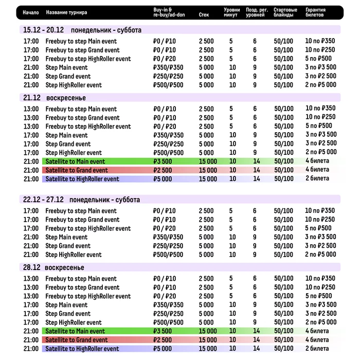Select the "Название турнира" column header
[x=66, y=12]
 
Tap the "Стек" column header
[x=204, y=15]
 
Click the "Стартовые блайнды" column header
[x=285, y=12]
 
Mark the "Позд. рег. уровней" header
[x=256, y=12]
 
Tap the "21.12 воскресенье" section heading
[x=54, y=98]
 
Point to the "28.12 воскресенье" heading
[x=53, y=267]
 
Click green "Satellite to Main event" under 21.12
[x=75, y=161]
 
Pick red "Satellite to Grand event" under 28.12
[x=76, y=340]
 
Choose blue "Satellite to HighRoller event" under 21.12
[x=82, y=179]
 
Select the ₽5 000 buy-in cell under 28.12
[x=163, y=349]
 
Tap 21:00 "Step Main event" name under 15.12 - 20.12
[x=66, y=67]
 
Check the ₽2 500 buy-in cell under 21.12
[x=163, y=170]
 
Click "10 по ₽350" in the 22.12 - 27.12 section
[x=320, y=211]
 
